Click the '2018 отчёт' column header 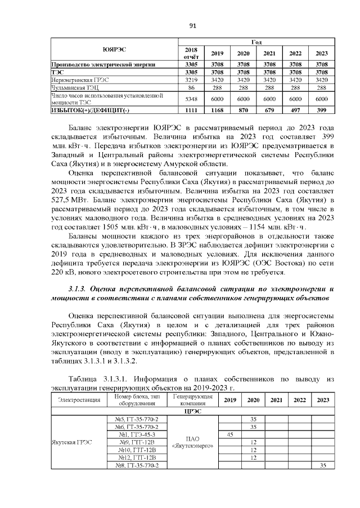(191, 53)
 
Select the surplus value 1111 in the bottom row (191, 110)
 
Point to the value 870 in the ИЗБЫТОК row (243, 110)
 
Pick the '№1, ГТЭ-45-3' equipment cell (137, 434)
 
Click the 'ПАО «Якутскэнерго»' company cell (192, 442)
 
